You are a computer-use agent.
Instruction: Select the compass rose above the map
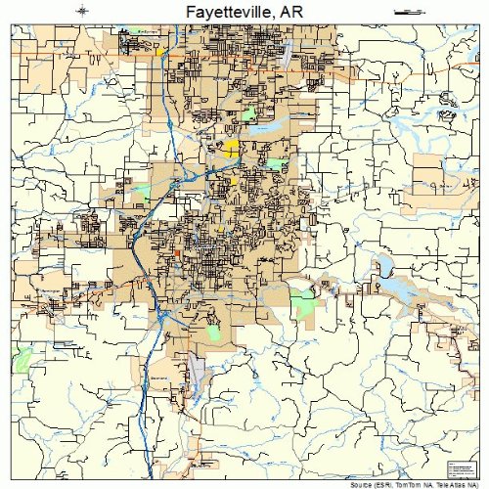[85, 11]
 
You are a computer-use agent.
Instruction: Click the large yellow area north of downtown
[231, 148]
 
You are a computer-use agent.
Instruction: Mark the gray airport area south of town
[197, 372]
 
